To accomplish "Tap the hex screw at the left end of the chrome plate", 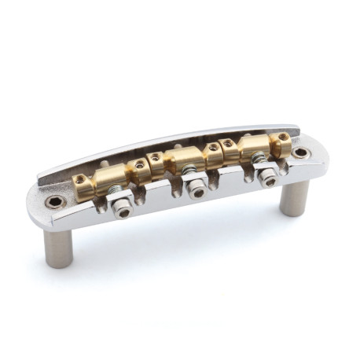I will pos(54,202).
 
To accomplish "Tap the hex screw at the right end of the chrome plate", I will pos(300,152).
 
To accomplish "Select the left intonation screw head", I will pos(122,212).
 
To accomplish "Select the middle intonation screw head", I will pos(197,191).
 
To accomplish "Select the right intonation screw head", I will pos(268,179).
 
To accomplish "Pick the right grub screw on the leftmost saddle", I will pos(139,165).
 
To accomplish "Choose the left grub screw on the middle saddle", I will pos(156,157).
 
